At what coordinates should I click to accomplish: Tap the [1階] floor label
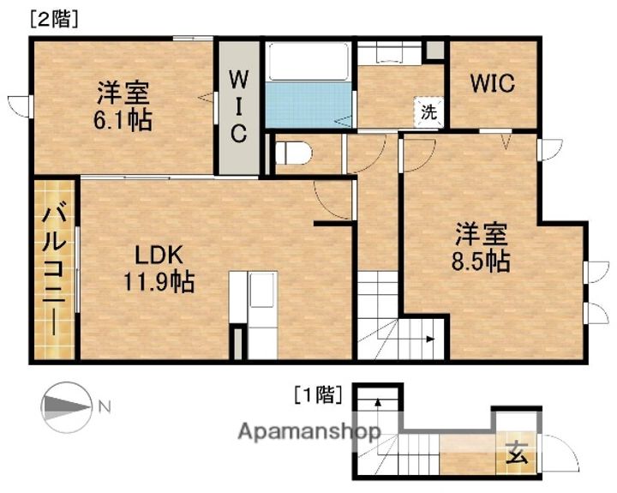point(318,395)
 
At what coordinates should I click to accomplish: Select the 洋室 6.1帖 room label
point(123,105)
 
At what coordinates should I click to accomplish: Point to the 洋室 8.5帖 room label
point(482,246)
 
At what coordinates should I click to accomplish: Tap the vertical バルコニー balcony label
point(56,268)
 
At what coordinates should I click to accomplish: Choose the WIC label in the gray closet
point(237,107)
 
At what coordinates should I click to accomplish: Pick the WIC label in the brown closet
point(492,84)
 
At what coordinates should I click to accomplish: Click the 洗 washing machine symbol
point(428,111)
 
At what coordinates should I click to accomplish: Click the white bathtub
point(307,62)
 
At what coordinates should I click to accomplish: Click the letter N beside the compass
point(104,406)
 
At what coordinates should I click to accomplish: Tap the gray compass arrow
point(65,406)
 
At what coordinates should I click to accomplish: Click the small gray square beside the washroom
point(435,48)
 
